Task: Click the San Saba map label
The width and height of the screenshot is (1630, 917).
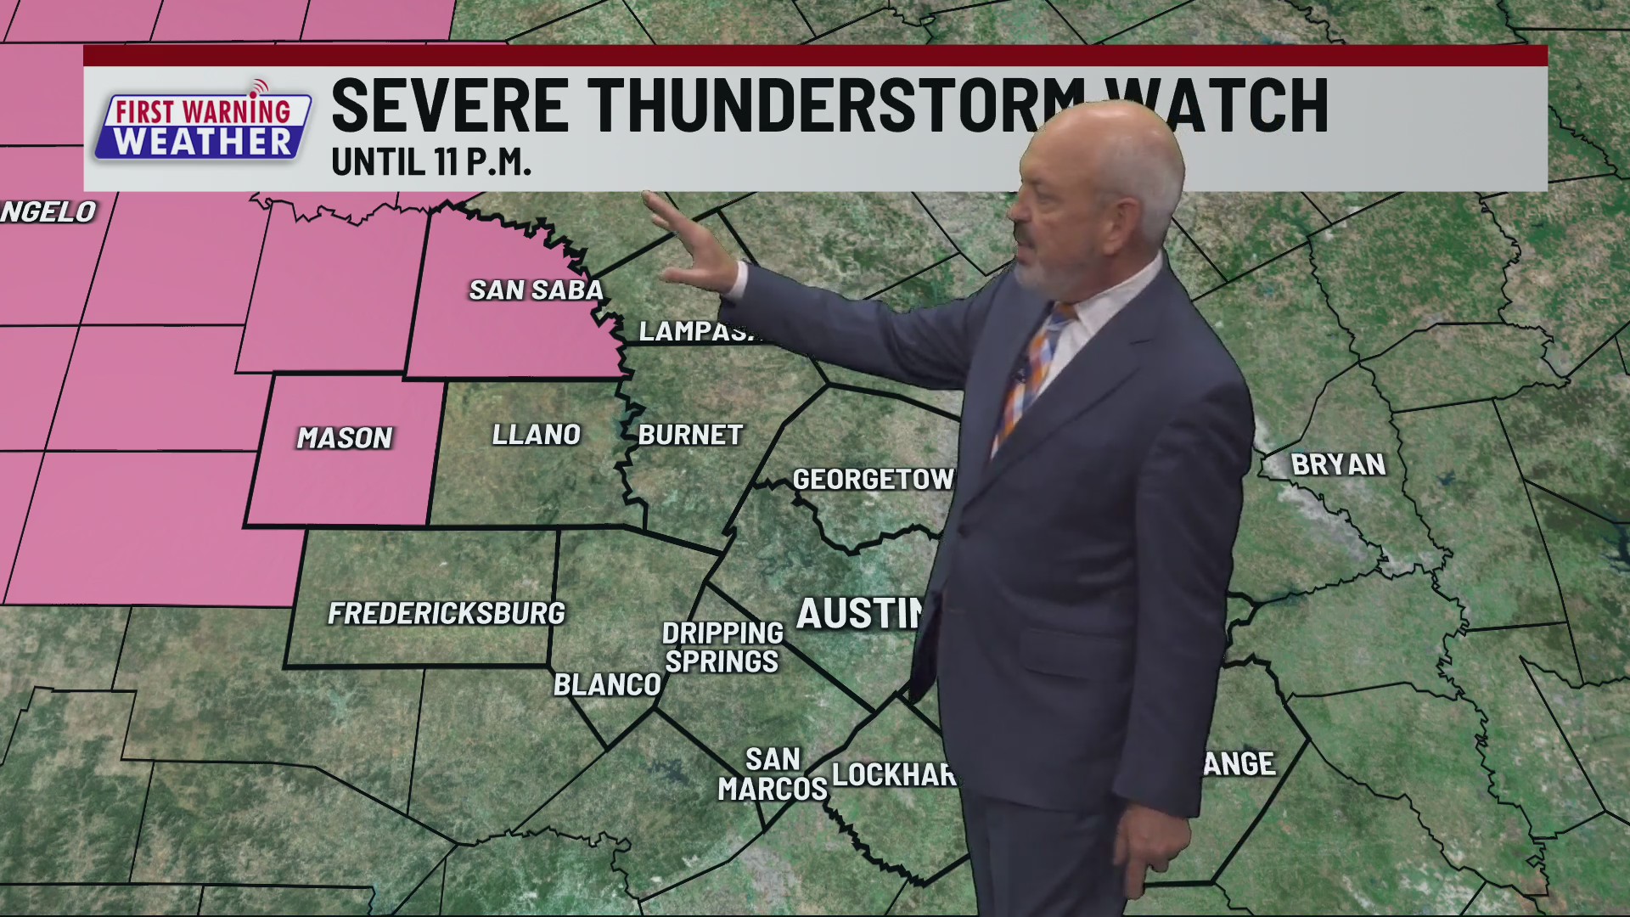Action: point(536,290)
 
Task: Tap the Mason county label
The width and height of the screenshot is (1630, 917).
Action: point(344,438)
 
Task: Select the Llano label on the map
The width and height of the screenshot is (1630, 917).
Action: point(536,435)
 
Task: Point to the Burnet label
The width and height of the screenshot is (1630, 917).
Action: point(690,436)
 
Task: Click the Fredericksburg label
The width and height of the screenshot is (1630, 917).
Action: point(447,613)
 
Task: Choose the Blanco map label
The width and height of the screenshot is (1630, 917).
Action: point(606,684)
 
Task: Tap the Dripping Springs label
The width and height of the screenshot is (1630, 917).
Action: point(722,647)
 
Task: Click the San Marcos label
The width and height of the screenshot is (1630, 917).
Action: point(773,774)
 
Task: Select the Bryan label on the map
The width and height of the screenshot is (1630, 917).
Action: point(1338,464)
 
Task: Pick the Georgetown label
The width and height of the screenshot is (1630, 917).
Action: point(873,480)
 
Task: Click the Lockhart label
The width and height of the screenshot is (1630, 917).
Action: point(894,774)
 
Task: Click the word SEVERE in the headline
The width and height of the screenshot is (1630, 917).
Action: point(450,105)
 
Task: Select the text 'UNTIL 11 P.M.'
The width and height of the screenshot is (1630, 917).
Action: point(431,163)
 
